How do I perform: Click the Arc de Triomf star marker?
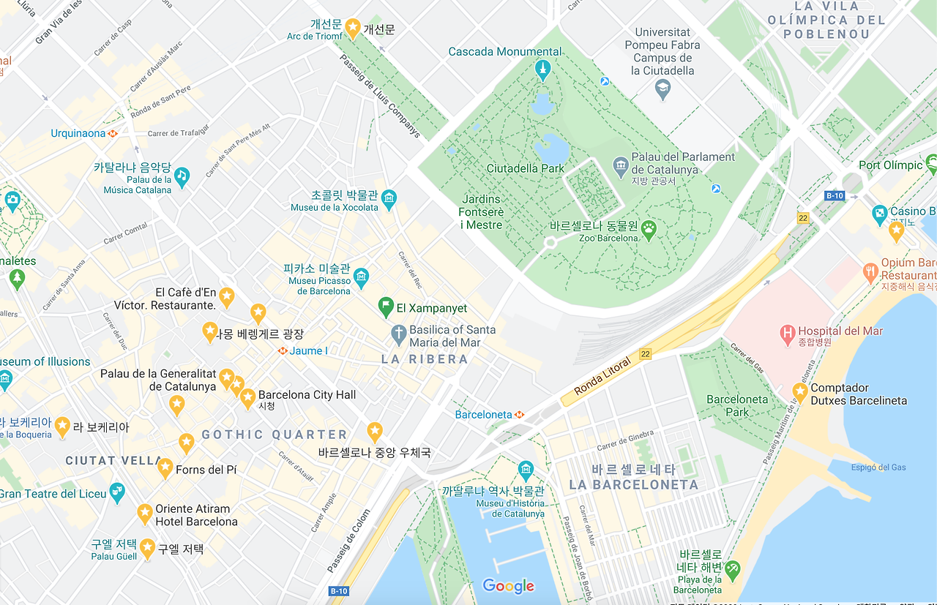[352, 28]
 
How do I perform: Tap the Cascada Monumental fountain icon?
[542, 70]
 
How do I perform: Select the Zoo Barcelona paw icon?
[649, 230]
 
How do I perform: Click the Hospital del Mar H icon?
[788, 334]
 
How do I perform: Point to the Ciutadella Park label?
[525, 168]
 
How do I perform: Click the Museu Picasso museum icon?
[361, 277]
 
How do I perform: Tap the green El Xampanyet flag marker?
[386, 307]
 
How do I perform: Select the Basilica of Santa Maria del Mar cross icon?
[398, 336]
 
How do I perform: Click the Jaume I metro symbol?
[282, 351]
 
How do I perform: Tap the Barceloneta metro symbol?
[519, 415]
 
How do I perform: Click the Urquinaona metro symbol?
[113, 133]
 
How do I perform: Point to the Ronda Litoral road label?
[602, 376]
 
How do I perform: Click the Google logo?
[508, 586]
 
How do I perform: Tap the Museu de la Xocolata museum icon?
[389, 197]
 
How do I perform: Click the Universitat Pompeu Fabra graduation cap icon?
[662, 89]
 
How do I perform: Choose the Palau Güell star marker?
[147, 547]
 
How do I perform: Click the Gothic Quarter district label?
[275, 435]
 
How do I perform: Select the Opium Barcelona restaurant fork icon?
[870, 273]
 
